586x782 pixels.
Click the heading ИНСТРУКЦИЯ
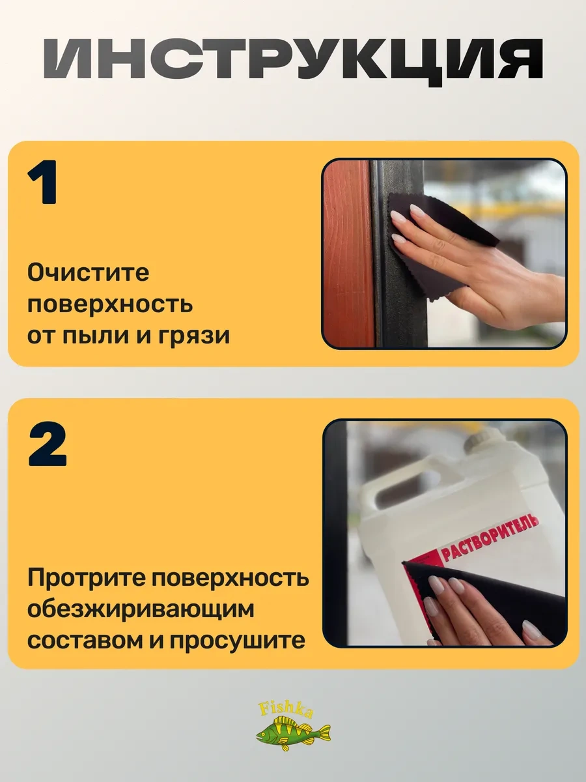[x=293, y=59]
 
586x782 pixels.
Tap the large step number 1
[x=43, y=182]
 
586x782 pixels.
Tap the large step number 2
[x=48, y=444]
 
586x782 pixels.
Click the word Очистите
[x=89, y=274]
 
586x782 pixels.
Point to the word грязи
[x=194, y=337]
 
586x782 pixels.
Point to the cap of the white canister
[x=481, y=439]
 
